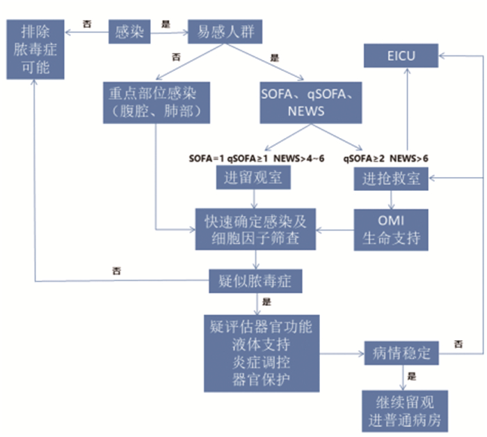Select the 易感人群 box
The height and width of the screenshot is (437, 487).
[221, 31]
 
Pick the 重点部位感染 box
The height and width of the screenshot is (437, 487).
[155, 100]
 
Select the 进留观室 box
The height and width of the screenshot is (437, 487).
[253, 178]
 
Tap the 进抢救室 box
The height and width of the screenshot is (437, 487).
[392, 178]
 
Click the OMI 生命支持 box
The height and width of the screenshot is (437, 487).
[392, 229]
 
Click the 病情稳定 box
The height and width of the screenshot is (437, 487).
[402, 353]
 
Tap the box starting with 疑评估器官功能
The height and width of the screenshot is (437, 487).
[261, 353]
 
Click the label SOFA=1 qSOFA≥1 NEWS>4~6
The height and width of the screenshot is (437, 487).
[257, 158]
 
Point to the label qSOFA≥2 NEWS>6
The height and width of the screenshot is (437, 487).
[385, 158]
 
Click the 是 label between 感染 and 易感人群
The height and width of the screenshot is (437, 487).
[166, 24]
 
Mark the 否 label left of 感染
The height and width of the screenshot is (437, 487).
[87, 24]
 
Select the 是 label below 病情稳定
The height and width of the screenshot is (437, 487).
[411, 376]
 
